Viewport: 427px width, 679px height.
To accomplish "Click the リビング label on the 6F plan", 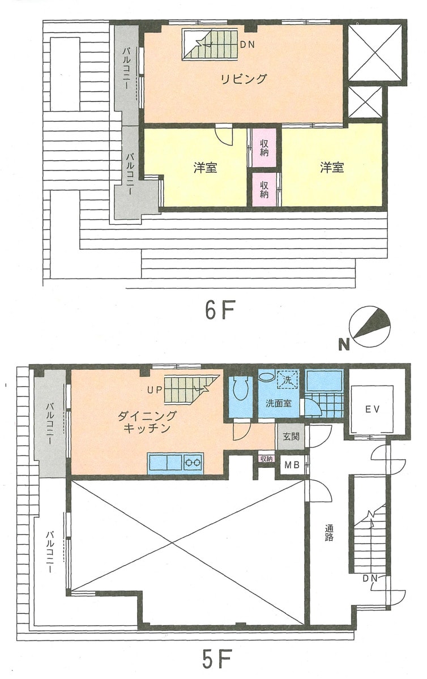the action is click(x=244, y=79).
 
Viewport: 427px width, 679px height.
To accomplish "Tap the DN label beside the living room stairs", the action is click(x=247, y=44).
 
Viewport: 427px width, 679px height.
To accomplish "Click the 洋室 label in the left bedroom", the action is click(x=205, y=168).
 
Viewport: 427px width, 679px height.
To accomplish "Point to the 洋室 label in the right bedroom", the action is click(x=332, y=168).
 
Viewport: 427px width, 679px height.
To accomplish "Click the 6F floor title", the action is click(x=219, y=310).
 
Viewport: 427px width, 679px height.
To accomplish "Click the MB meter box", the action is click(x=292, y=465).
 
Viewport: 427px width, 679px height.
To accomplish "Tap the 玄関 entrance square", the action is click(x=291, y=435).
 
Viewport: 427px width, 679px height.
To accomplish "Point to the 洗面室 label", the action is click(x=279, y=403).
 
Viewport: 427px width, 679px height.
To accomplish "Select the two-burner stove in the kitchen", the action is click(x=193, y=463).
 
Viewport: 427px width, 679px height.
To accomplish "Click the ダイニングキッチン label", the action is click(x=147, y=422).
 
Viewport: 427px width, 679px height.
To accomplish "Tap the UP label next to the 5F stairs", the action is click(x=155, y=389).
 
